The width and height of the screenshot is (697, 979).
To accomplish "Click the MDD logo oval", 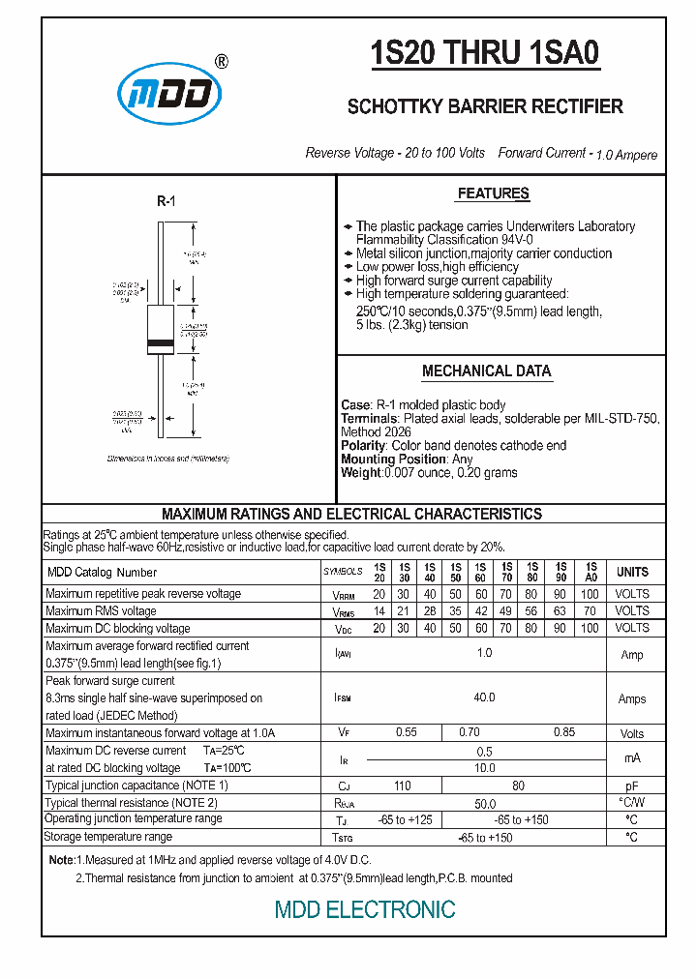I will coord(170,94).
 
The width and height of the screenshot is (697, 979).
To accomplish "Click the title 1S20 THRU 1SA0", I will coord(485,54).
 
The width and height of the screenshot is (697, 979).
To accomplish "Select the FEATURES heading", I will coord(493,193).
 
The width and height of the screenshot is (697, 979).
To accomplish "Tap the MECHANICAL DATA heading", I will coord(486,371).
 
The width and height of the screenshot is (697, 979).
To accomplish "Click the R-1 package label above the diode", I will coord(166,201).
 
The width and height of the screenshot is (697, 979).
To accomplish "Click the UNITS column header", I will coord(632,572).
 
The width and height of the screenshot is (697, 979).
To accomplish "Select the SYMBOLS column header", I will coord(343,573).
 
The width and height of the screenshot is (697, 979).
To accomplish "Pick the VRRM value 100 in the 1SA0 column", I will coord(590,594).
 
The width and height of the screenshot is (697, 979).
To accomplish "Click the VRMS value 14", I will coord(379,611).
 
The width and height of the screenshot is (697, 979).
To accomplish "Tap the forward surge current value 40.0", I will coord(484,697).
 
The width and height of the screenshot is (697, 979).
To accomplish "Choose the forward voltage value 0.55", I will coord(406,733).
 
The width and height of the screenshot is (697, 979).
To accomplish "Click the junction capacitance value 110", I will coord(405,786).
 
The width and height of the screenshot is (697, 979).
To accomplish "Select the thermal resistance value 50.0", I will coord(484,804).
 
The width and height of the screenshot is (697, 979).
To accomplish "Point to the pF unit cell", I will coord(631,786).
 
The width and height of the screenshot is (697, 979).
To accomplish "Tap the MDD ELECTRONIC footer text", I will coord(365,909).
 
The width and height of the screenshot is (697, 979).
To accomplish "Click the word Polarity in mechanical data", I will coord(363,446).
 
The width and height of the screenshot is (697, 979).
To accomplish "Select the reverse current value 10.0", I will coord(484,768).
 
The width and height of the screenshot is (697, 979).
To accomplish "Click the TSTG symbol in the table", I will coord(343,838).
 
